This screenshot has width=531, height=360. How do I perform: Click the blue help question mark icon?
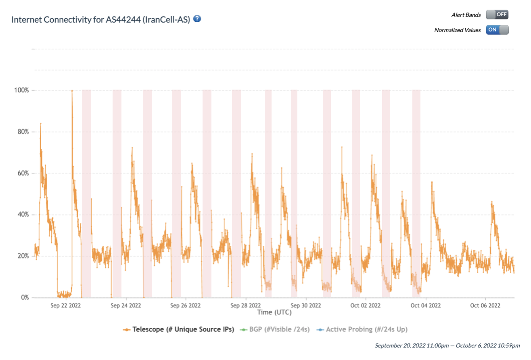197,19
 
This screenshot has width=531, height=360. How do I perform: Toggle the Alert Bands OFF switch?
497,15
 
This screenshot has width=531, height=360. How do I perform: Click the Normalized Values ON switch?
497,30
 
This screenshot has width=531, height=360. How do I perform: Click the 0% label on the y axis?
24,298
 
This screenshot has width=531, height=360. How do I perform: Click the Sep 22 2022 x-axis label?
66,306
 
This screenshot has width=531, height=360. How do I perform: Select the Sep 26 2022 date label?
186,306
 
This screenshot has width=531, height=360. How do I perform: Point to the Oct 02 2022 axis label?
366,306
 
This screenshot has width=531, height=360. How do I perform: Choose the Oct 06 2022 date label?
485,306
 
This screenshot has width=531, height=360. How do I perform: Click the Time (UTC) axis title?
274,312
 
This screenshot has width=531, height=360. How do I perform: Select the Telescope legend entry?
179,329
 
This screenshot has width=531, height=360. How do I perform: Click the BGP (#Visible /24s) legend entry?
275,329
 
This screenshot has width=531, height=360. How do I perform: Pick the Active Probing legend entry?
362,329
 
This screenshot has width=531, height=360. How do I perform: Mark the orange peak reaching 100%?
72,91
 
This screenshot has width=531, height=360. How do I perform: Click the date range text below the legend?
447,345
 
